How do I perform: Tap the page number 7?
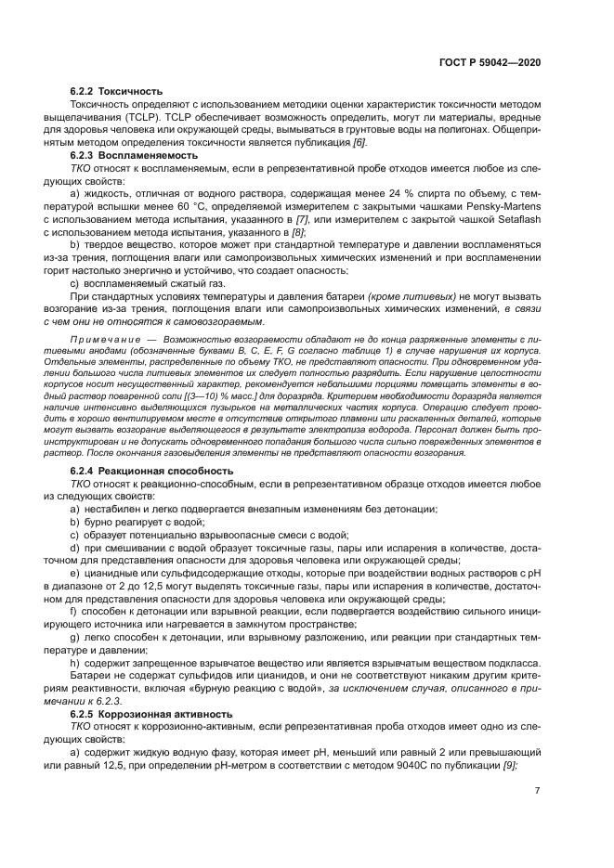click(x=538, y=791)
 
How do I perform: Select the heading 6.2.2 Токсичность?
click(x=117, y=91)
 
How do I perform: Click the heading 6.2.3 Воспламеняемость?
click(x=128, y=156)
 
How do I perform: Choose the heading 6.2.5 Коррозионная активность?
click(x=148, y=715)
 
